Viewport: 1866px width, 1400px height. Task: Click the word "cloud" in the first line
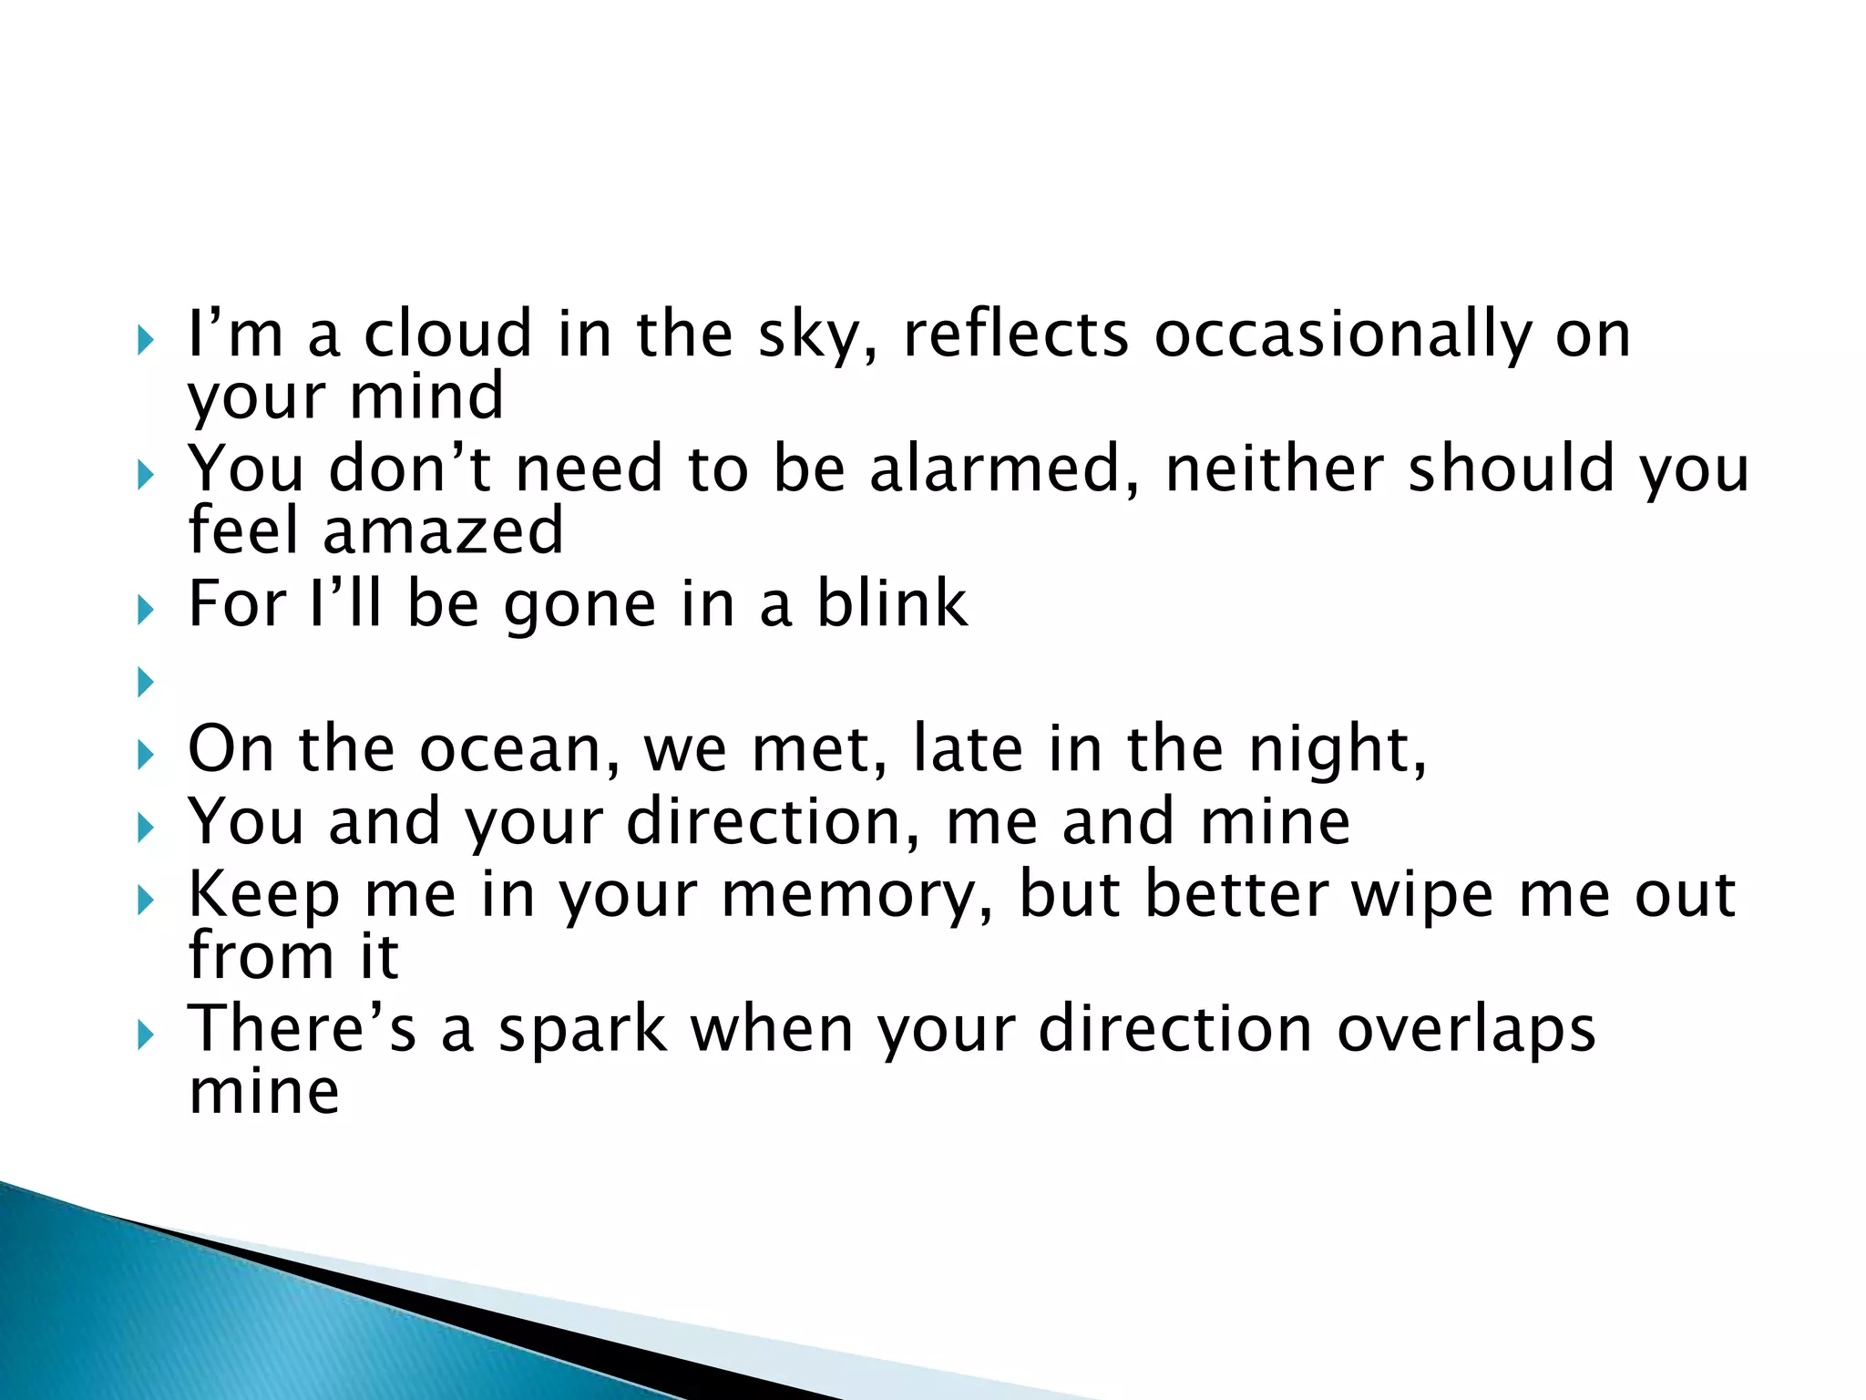[x=448, y=334]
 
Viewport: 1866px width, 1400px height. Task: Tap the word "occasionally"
[x=1343, y=335]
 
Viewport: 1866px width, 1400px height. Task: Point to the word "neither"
[x=1274, y=468]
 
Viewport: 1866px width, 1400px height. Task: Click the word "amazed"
[x=443, y=530]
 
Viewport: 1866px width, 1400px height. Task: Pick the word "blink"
[x=891, y=603]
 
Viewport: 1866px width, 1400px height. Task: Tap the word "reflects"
[x=1015, y=334]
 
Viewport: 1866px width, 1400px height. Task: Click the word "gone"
[x=579, y=605]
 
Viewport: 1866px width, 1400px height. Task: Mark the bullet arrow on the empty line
[x=145, y=681]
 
